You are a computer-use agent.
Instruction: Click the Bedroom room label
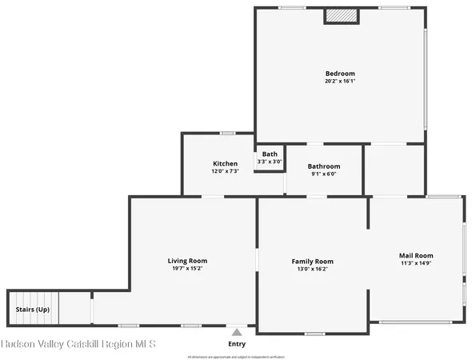tap(340, 74)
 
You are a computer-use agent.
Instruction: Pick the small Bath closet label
tap(270, 154)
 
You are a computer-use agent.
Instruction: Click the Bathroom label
tap(324, 166)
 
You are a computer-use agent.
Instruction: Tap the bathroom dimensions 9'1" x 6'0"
tap(324, 174)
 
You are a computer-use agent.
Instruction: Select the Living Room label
tap(187, 261)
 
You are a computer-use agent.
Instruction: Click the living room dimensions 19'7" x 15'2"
tap(187, 270)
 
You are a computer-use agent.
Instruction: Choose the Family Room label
tap(312, 261)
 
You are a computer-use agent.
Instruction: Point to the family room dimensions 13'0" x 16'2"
tap(312, 270)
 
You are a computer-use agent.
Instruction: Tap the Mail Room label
tap(416, 256)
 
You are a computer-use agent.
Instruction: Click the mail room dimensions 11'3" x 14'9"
tap(416, 264)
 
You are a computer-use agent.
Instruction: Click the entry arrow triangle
tap(237, 330)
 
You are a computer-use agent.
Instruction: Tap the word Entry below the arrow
tap(237, 343)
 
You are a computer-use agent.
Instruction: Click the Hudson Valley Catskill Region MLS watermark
tap(78, 344)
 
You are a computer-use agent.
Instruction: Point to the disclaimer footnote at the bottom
tap(236, 356)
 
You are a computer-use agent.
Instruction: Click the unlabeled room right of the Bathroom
tap(394, 169)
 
